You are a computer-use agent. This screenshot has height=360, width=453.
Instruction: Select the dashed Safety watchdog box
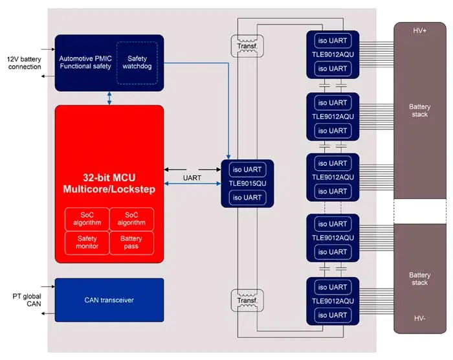coord(137,62)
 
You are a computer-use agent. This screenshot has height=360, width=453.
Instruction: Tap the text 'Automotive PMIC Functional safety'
coord(85,62)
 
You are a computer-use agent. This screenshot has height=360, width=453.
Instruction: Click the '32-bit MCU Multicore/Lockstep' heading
coord(109,183)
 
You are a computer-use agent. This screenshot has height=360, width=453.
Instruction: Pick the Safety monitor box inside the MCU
coord(87,242)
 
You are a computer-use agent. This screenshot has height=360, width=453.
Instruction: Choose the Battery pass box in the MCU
coord(131,242)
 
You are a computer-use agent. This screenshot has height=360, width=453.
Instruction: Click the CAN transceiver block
coord(109,299)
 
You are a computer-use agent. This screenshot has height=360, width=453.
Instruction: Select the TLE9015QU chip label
coord(247,184)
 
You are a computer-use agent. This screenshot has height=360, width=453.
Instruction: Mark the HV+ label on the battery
coord(419,31)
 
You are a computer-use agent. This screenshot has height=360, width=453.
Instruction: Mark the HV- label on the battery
coord(419,318)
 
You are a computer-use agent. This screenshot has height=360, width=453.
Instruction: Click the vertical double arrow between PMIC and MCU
coord(110,98)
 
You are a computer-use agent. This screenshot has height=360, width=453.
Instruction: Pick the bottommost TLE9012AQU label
coord(333,301)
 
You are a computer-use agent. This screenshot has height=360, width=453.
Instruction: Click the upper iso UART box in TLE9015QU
coord(247,170)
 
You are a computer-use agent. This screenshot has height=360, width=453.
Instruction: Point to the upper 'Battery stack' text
coord(419,110)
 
